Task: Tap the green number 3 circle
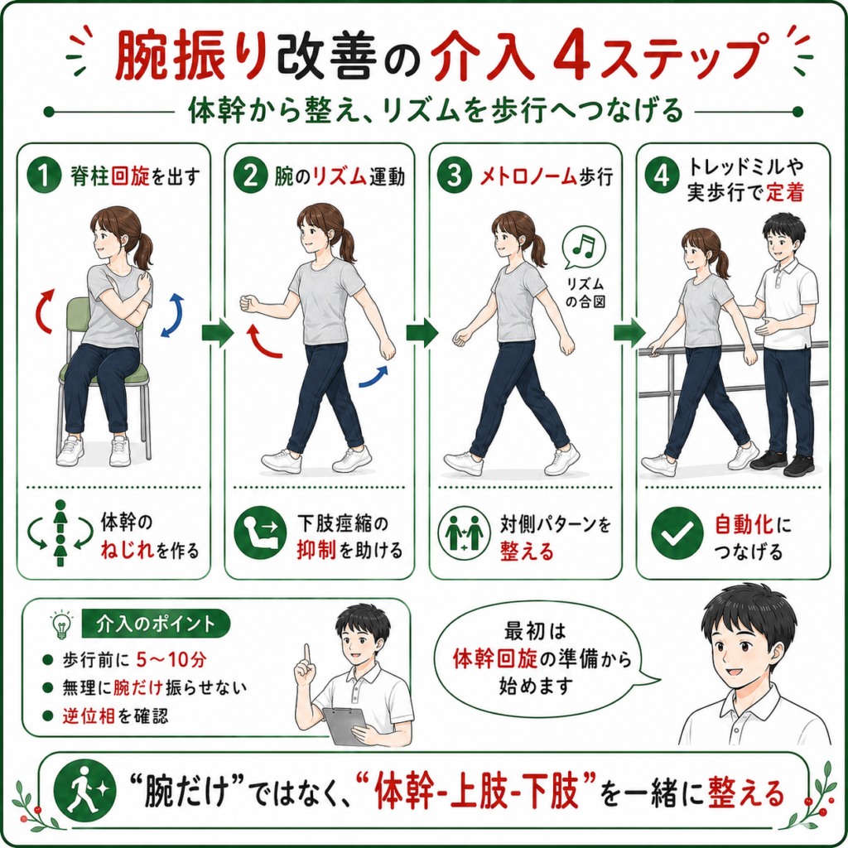[x=455, y=176]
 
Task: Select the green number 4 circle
[x=662, y=176]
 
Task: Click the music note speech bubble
[x=583, y=247]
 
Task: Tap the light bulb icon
[x=61, y=624]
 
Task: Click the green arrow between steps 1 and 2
[x=218, y=333]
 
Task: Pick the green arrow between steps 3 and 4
[x=629, y=333]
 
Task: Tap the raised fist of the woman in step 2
[x=248, y=303]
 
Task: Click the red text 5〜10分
[x=171, y=659]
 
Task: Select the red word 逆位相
[x=88, y=716]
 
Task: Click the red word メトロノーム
[x=528, y=176]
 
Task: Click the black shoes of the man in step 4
[x=783, y=463]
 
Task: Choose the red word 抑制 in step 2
[x=316, y=551]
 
